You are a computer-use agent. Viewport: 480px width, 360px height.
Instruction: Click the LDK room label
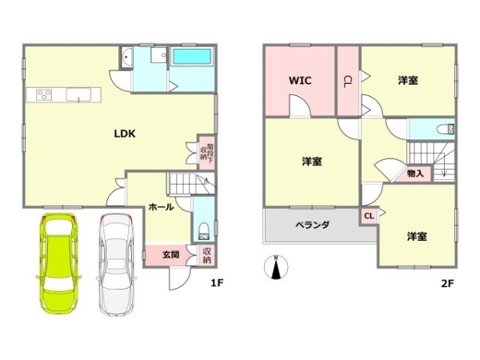(x=123, y=134)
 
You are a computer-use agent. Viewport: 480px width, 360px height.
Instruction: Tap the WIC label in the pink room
(x=300, y=80)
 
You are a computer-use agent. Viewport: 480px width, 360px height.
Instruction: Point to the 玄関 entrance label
(x=170, y=255)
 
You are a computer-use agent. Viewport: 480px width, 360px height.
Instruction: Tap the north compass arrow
(x=276, y=268)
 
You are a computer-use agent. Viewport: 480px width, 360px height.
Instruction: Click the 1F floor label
(x=216, y=282)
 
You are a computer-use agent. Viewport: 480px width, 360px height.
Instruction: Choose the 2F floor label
(x=446, y=282)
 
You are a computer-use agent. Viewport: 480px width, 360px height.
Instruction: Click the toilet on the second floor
(x=445, y=130)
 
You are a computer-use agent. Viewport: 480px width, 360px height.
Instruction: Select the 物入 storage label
(x=415, y=172)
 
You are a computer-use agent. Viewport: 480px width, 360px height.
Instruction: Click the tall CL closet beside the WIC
(x=347, y=80)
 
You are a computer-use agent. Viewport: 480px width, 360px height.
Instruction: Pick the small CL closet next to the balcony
(x=369, y=215)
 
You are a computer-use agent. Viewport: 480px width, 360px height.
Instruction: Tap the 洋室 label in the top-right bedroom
(x=408, y=80)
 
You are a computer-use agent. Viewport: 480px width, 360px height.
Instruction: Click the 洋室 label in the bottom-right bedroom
(x=417, y=236)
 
